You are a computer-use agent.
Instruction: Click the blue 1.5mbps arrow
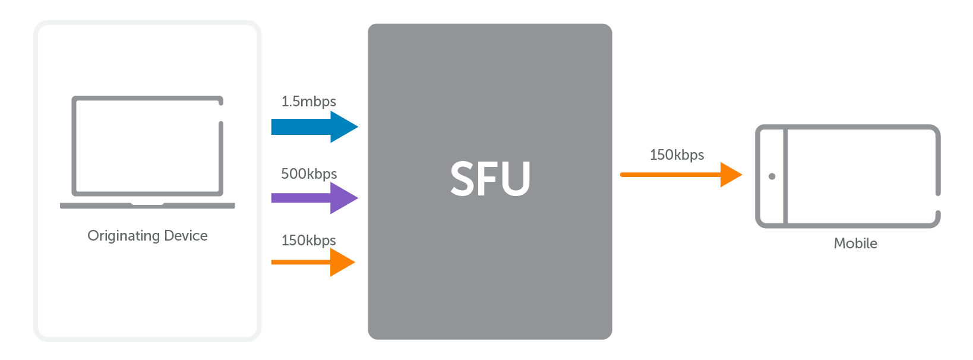(309, 127)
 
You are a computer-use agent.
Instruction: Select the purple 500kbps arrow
(309, 198)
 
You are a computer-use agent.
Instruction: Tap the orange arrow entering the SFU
(309, 262)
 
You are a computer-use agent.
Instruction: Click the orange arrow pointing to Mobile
(677, 175)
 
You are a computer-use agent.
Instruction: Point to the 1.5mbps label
(308, 102)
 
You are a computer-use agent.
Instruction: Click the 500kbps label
(309, 174)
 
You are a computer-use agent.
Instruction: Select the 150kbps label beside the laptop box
(308, 241)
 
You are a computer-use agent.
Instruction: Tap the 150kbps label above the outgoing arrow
(677, 155)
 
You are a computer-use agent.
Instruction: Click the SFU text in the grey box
(490, 179)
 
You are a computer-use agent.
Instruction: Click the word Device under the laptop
(186, 236)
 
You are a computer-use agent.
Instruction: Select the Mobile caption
(855, 244)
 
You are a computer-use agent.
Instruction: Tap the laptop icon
(147, 152)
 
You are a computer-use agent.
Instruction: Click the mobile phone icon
(848, 176)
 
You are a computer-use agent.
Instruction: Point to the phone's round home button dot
(772, 176)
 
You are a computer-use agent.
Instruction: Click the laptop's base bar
(147, 206)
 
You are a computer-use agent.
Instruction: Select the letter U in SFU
(514, 179)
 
